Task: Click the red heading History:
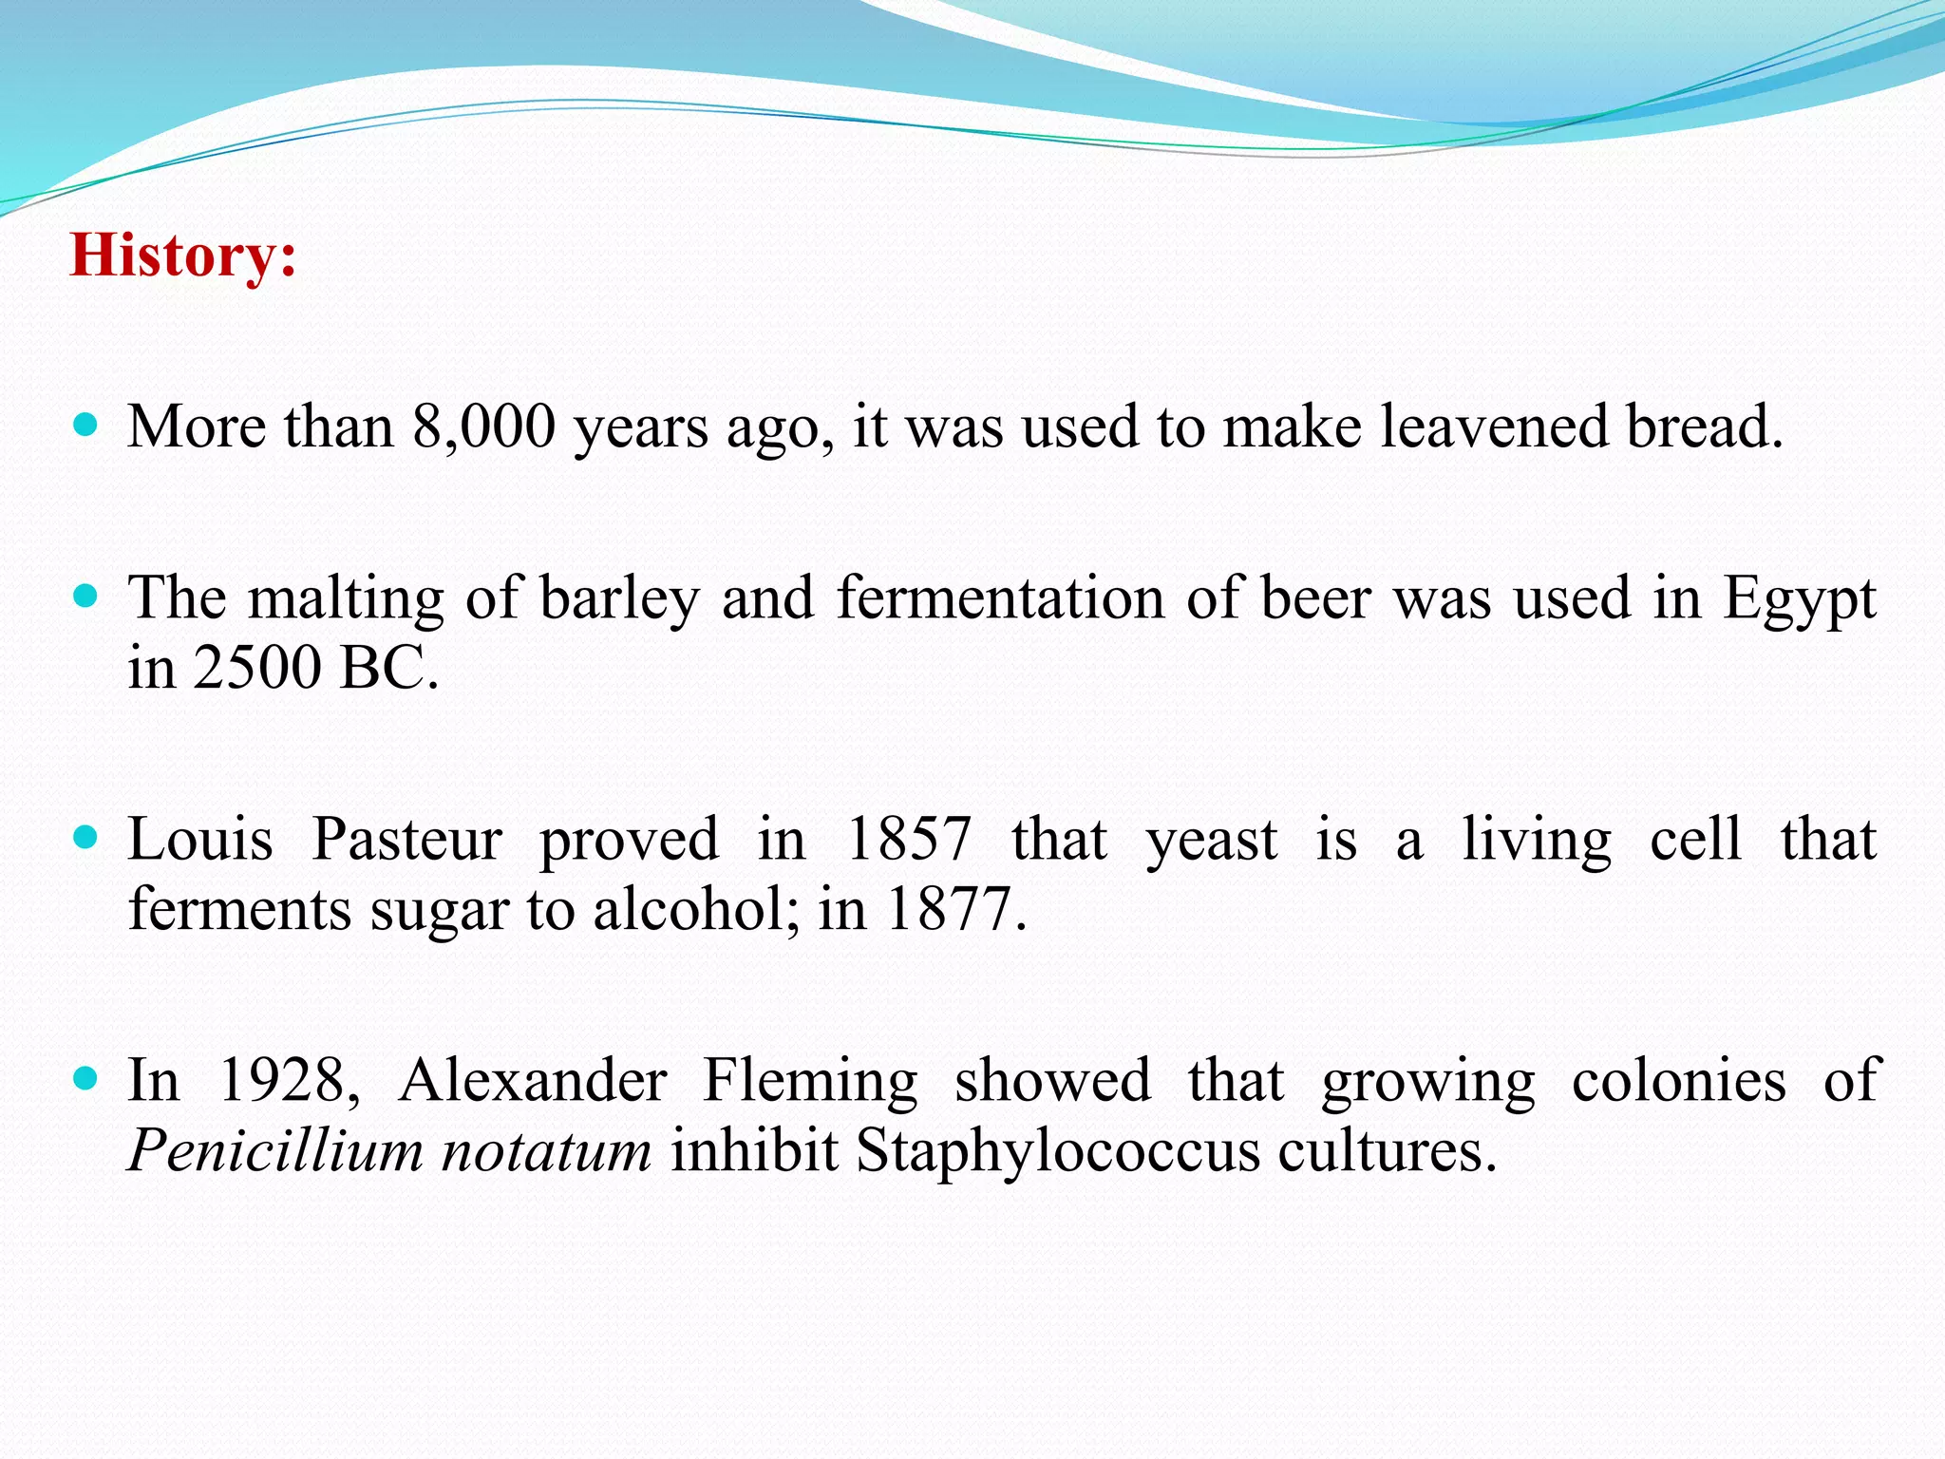(x=183, y=256)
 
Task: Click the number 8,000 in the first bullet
(x=483, y=426)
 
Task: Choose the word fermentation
(x=1000, y=598)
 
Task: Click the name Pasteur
(x=406, y=840)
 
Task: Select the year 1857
(x=908, y=840)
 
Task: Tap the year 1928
(x=282, y=1081)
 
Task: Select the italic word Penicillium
(x=274, y=1151)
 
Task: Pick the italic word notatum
(x=546, y=1151)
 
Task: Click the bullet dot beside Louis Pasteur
(x=85, y=837)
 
